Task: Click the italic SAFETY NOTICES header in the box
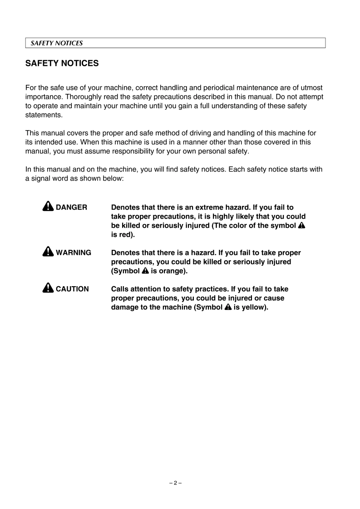(x=56, y=43)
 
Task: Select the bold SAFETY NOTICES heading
(x=62, y=64)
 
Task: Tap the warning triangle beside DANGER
(x=49, y=207)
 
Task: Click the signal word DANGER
(x=71, y=207)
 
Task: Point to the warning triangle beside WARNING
(x=49, y=252)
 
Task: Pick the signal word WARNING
(x=73, y=253)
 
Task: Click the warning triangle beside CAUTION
(x=49, y=288)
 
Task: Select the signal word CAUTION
(x=72, y=289)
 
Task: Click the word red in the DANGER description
(x=124, y=235)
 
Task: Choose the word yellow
(x=254, y=307)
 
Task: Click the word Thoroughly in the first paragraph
(x=84, y=97)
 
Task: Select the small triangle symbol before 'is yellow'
(x=228, y=307)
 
